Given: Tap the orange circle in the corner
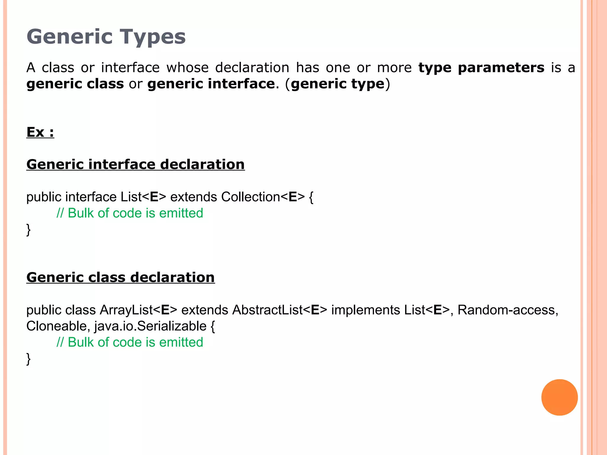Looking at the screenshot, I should tap(559, 397).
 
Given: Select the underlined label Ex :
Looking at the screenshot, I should tap(40, 132).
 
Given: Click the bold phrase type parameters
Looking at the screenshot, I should tap(481, 68).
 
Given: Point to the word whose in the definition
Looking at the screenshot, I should tap(187, 68).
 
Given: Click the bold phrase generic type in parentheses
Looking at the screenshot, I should tap(338, 84).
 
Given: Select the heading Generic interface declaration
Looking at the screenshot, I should tap(135, 164).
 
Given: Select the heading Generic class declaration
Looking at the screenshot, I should tap(120, 278).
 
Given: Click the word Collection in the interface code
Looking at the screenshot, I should tap(250, 197).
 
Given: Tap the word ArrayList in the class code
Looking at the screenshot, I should tap(126, 310).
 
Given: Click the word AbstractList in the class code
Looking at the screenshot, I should tap(267, 310).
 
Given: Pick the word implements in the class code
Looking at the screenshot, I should tap(365, 310).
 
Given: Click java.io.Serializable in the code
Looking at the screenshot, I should tap(150, 326).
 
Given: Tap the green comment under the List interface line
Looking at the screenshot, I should tap(130, 213).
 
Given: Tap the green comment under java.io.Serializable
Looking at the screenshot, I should tap(130, 342).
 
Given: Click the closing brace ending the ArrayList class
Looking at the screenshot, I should tap(28, 359).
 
